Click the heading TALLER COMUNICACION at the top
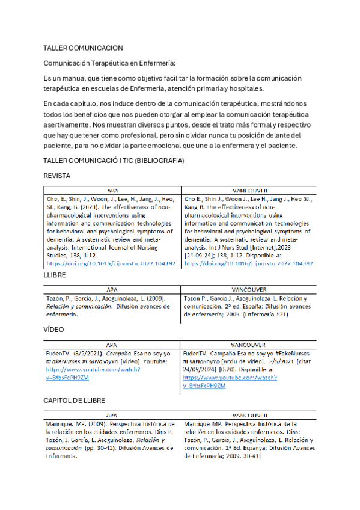tap(84, 48)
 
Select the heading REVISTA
tap(58, 175)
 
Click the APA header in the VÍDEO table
tap(112, 345)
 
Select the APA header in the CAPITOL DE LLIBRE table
tap(112, 415)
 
